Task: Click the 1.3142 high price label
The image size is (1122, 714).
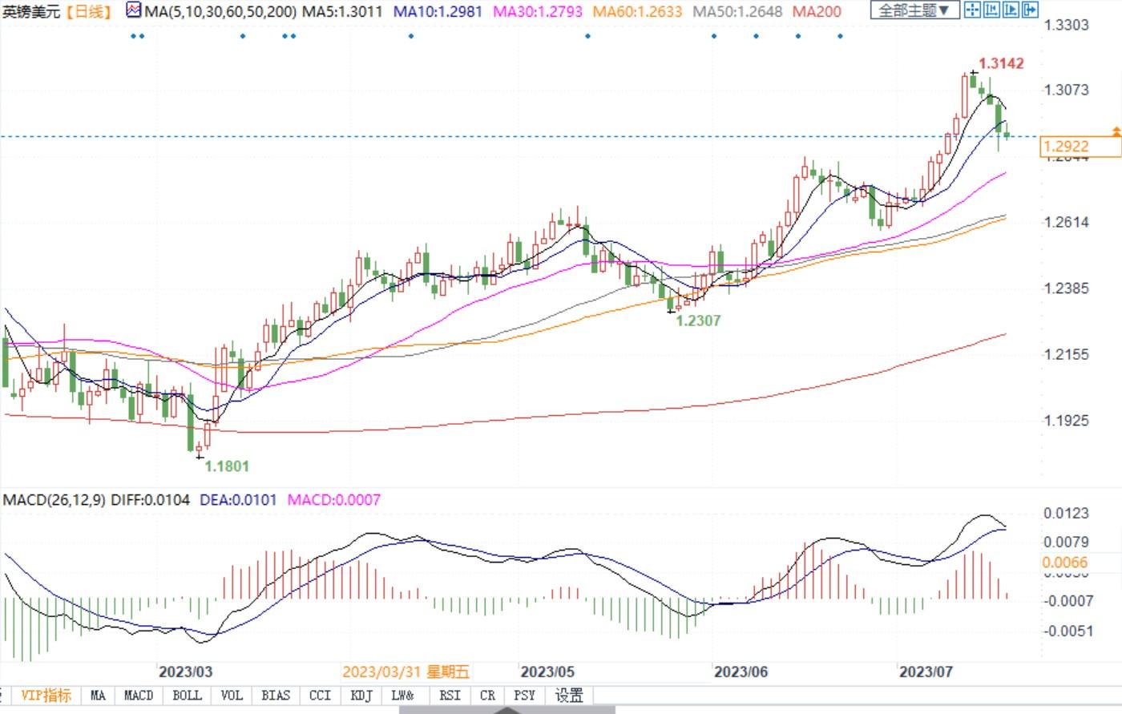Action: pyautogui.click(x=1001, y=63)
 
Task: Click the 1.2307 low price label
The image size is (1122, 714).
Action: pyautogui.click(x=698, y=321)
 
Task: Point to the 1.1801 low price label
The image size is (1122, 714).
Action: pyautogui.click(x=227, y=466)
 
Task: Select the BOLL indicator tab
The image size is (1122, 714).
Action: pyautogui.click(x=187, y=695)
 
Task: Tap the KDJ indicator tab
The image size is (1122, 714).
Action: pyautogui.click(x=361, y=695)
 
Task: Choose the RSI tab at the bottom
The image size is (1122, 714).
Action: pyautogui.click(x=450, y=695)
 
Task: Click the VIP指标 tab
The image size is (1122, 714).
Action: pyautogui.click(x=46, y=695)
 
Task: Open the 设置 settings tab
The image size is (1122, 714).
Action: pyautogui.click(x=569, y=695)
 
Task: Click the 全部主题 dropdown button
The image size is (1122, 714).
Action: pyautogui.click(x=914, y=10)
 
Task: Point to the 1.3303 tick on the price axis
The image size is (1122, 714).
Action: pyautogui.click(x=1066, y=25)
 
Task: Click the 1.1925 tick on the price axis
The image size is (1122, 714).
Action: pyautogui.click(x=1066, y=420)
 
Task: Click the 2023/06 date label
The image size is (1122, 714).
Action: pyautogui.click(x=741, y=671)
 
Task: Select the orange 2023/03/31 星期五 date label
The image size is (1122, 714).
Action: pyautogui.click(x=406, y=671)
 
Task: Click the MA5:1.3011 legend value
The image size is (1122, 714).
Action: pyautogui.click(x=342, y=11)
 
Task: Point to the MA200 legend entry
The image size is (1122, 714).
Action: pyautogui.click(x=817, y=11)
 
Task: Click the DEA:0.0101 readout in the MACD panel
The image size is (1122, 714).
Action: pyautogui.click(x=238, y=499)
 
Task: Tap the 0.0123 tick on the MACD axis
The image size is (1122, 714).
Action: pyautogui.click(x=1066, y=513)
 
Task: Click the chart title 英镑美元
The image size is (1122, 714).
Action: pyautogui.click(x=31, y=11)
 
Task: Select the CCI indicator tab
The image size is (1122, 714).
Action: pyautogui.click(x=320, y=695)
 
